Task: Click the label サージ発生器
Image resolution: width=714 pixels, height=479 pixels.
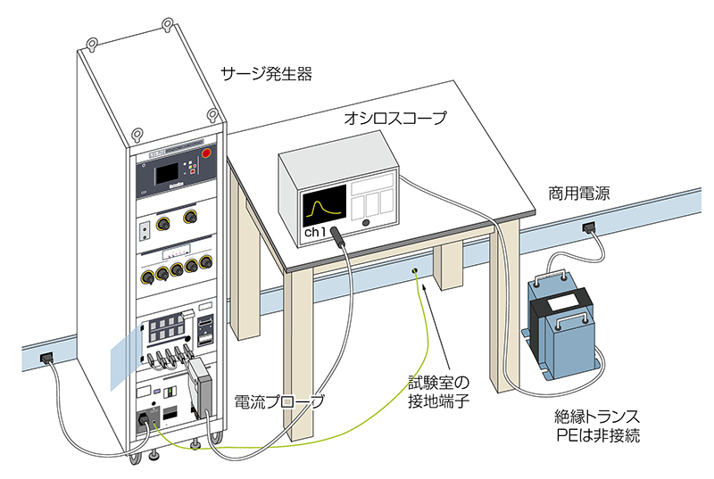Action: coord(266,74)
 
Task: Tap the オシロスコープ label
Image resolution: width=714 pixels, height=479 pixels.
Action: coord(394,119)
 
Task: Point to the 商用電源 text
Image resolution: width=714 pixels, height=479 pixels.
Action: coord(578,194)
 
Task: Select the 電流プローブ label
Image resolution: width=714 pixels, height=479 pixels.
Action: coord(279,401)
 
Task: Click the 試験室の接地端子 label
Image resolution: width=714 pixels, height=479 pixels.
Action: coord(438,392)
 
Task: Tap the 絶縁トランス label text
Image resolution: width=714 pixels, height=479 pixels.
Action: coord(597,417)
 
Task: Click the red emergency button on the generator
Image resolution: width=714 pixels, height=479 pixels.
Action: coord(206,153)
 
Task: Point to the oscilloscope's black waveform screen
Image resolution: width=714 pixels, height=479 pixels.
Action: coord(324,207)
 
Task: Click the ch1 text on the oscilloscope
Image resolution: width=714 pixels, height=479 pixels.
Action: coord(315,233)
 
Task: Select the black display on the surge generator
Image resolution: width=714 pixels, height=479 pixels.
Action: coord(166,175)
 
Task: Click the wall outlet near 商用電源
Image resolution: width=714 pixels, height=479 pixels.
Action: coord(589,227)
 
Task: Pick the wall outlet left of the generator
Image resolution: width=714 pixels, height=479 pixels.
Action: coord(46,359)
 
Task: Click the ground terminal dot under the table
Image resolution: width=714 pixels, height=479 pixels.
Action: coord(415,271)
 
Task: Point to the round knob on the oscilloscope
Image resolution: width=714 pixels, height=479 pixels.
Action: coord(366,223)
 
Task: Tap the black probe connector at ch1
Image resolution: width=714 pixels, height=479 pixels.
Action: coord(339,236)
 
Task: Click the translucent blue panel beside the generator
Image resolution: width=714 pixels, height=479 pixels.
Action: coord(126,358)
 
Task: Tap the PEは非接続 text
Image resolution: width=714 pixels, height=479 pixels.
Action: coord(598,435)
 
